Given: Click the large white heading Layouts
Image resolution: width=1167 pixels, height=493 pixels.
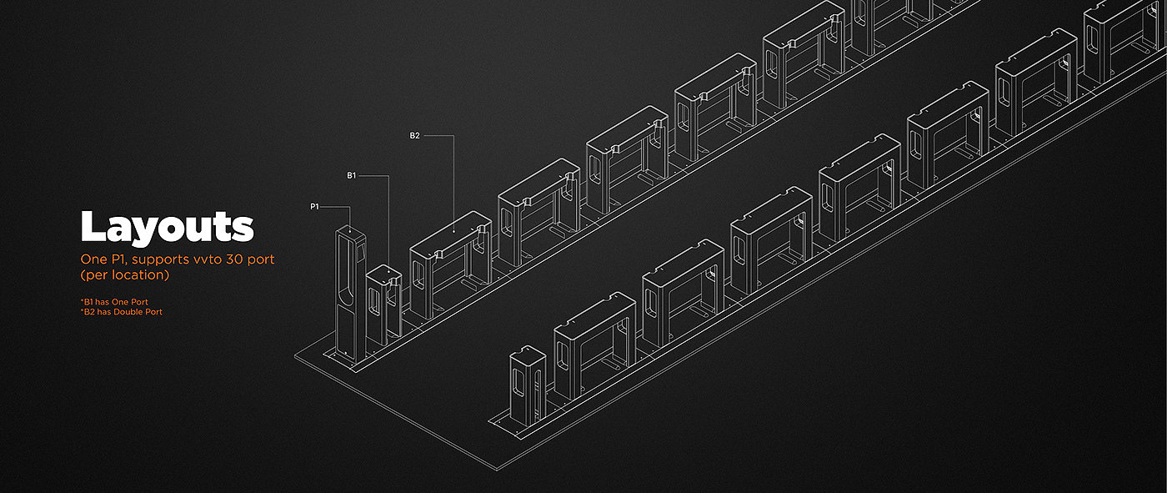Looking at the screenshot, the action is coord(168,227).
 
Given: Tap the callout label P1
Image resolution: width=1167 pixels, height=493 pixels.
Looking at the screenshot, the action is coord(315,207).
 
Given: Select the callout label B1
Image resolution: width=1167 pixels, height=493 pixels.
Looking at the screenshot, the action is coord(352,176).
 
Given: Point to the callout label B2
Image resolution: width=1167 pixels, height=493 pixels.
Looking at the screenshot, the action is coord(415,135).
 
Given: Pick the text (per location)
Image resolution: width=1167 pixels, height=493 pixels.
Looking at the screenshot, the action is coord(125,274).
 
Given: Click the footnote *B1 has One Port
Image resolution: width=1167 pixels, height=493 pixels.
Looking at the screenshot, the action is coord(115,302).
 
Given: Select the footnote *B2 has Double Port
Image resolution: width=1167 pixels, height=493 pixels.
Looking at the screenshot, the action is coord(122,312).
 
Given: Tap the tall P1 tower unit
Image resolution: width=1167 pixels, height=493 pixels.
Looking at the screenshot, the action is coord(351,294).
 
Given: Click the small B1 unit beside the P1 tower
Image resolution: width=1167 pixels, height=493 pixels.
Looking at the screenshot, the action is coord(384,304).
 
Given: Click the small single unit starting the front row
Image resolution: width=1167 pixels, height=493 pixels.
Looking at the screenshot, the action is coord(528,385).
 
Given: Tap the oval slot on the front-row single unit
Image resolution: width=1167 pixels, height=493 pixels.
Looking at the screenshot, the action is coord(518,383).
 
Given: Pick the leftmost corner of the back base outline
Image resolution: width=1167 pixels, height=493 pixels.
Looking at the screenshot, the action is coord(295,356).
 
